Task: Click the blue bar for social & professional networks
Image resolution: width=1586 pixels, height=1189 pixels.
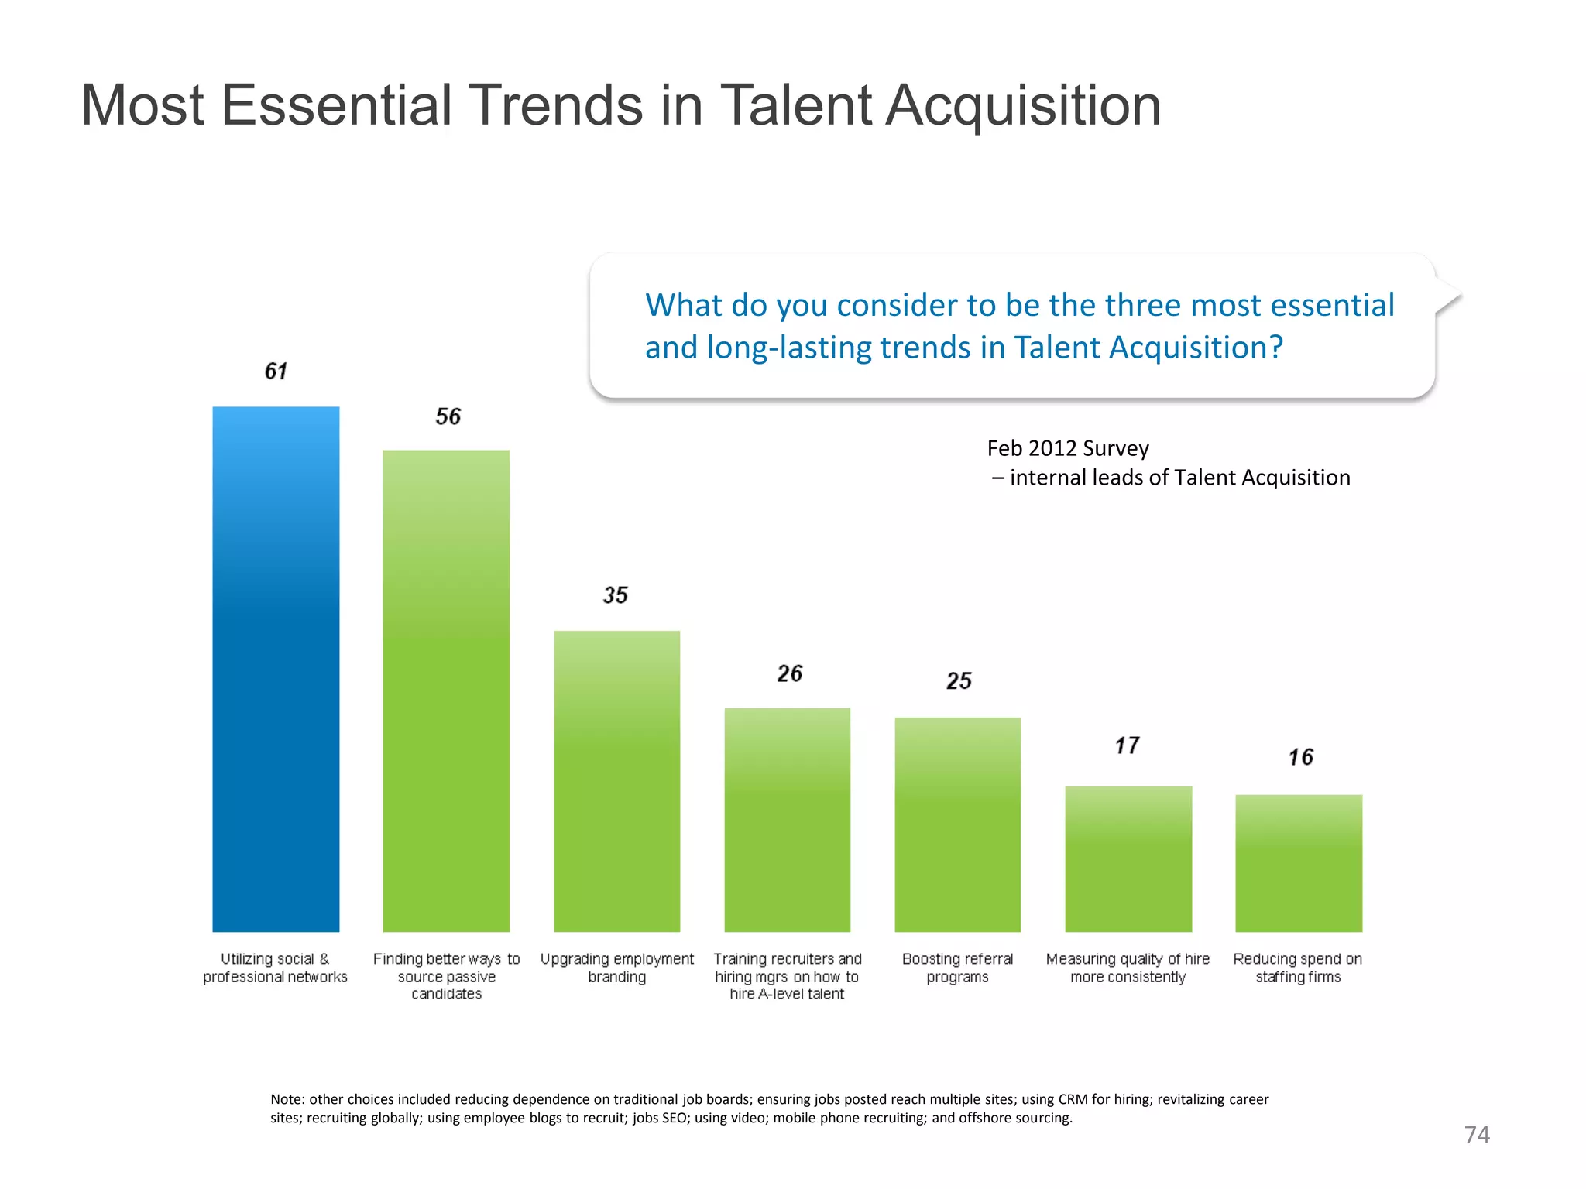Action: [276, 669]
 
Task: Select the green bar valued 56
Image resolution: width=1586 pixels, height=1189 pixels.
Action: [446, 690]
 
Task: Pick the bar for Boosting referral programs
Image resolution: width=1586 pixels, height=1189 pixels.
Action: [957, 824]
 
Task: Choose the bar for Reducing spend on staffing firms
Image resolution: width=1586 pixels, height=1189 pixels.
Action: [1299, 862]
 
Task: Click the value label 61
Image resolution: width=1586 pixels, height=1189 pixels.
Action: [276, 372]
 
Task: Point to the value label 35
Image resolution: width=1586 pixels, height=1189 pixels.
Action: [616, 595]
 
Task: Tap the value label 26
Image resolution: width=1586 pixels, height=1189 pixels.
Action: [789, 673]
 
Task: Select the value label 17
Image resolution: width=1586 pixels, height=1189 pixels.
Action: [1127, 745]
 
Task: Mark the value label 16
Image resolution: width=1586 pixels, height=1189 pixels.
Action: [1300, 757]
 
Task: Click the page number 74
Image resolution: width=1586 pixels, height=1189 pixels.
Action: [1477, 1135]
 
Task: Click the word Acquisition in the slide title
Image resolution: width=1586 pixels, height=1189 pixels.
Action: [1022, 106]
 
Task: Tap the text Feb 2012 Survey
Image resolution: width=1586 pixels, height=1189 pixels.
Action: [1068, 448]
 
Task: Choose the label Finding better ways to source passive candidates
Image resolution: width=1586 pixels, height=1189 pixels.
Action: [446, 976]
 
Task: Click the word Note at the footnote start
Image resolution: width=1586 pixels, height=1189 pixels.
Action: [287, 1099]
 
